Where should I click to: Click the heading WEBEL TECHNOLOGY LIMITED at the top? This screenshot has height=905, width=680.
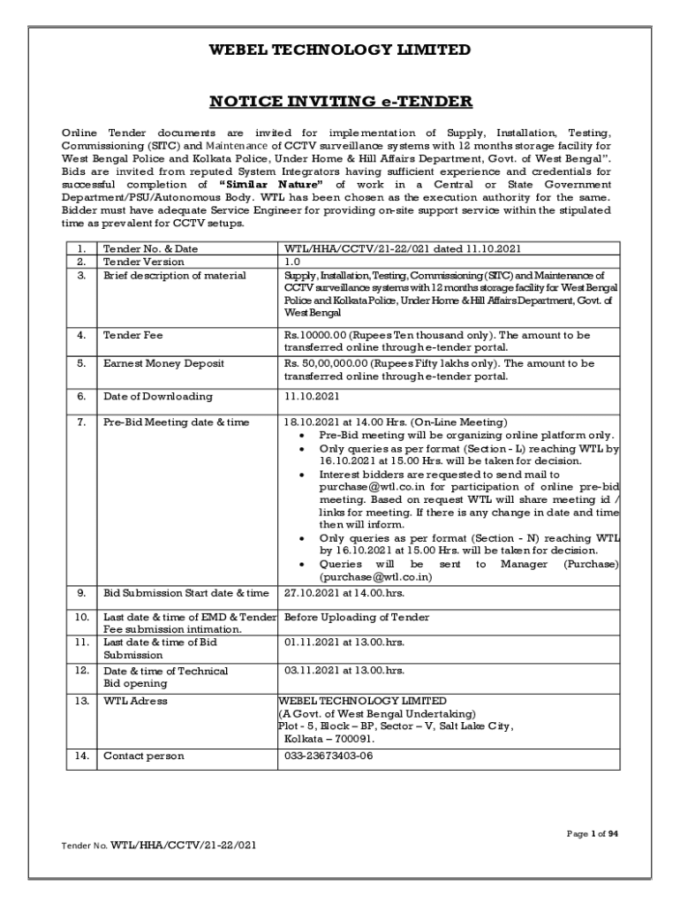pos(339,50)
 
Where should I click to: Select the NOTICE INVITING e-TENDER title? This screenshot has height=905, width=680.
pos(340,102)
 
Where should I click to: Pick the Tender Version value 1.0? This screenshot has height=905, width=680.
pos(292,262)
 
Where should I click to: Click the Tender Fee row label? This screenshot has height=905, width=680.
pos(133,336)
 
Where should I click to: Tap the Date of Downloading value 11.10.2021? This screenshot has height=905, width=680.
pos(312,397)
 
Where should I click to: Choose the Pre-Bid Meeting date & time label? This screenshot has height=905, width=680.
pos(177,422)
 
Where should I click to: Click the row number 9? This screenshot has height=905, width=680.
pos(82,592)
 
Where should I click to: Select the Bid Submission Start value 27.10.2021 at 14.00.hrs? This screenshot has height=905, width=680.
pos(344,592)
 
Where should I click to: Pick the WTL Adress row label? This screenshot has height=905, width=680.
pos(135,701)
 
